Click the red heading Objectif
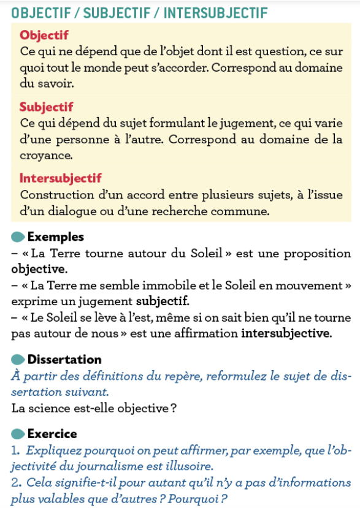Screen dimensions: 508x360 click(x=44, y=36)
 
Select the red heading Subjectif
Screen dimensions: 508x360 click(x=47, y=107)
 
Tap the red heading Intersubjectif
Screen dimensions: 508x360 click(x=61, y=178)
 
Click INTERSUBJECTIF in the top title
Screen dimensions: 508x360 click(x=215, y=12)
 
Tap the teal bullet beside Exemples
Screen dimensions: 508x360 click(x=18, y=237)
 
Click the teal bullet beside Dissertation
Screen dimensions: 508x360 click(x=18, y=359)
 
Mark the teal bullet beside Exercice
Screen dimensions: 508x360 click(x=18, y=434)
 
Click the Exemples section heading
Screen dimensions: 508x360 click(x=56, y=237)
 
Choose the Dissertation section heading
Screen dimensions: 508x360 click(x=64, y=359)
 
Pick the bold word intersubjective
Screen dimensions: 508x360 click(x=286, y=334)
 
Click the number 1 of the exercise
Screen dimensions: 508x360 click(x=15, y=450)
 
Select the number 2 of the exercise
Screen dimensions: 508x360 click(x=15, y=482)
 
